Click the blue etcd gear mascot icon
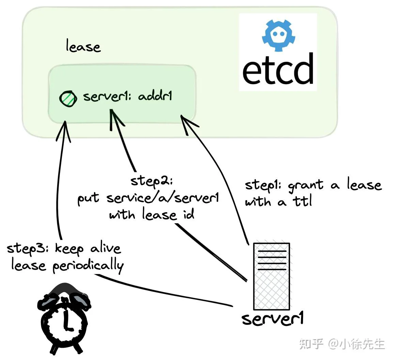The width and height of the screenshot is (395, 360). point(278,35)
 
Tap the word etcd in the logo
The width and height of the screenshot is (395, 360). point(278,69)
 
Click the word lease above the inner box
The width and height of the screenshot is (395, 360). point(83,46)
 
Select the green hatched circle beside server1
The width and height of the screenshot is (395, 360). point(68,99)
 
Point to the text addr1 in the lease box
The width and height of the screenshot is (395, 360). point(155,96)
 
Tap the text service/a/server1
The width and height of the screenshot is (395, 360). point(163,198)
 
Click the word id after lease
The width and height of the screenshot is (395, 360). point(188,214)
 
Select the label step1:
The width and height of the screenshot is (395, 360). point(263,185)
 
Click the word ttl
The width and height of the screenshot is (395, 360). point(302,201)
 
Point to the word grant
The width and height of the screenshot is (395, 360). point(305,186)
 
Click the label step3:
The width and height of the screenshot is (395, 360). point(28,249)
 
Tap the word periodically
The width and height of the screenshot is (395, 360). point(88,266)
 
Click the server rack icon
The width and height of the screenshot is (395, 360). point(272,276)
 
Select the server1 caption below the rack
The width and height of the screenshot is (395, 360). point(272,318)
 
